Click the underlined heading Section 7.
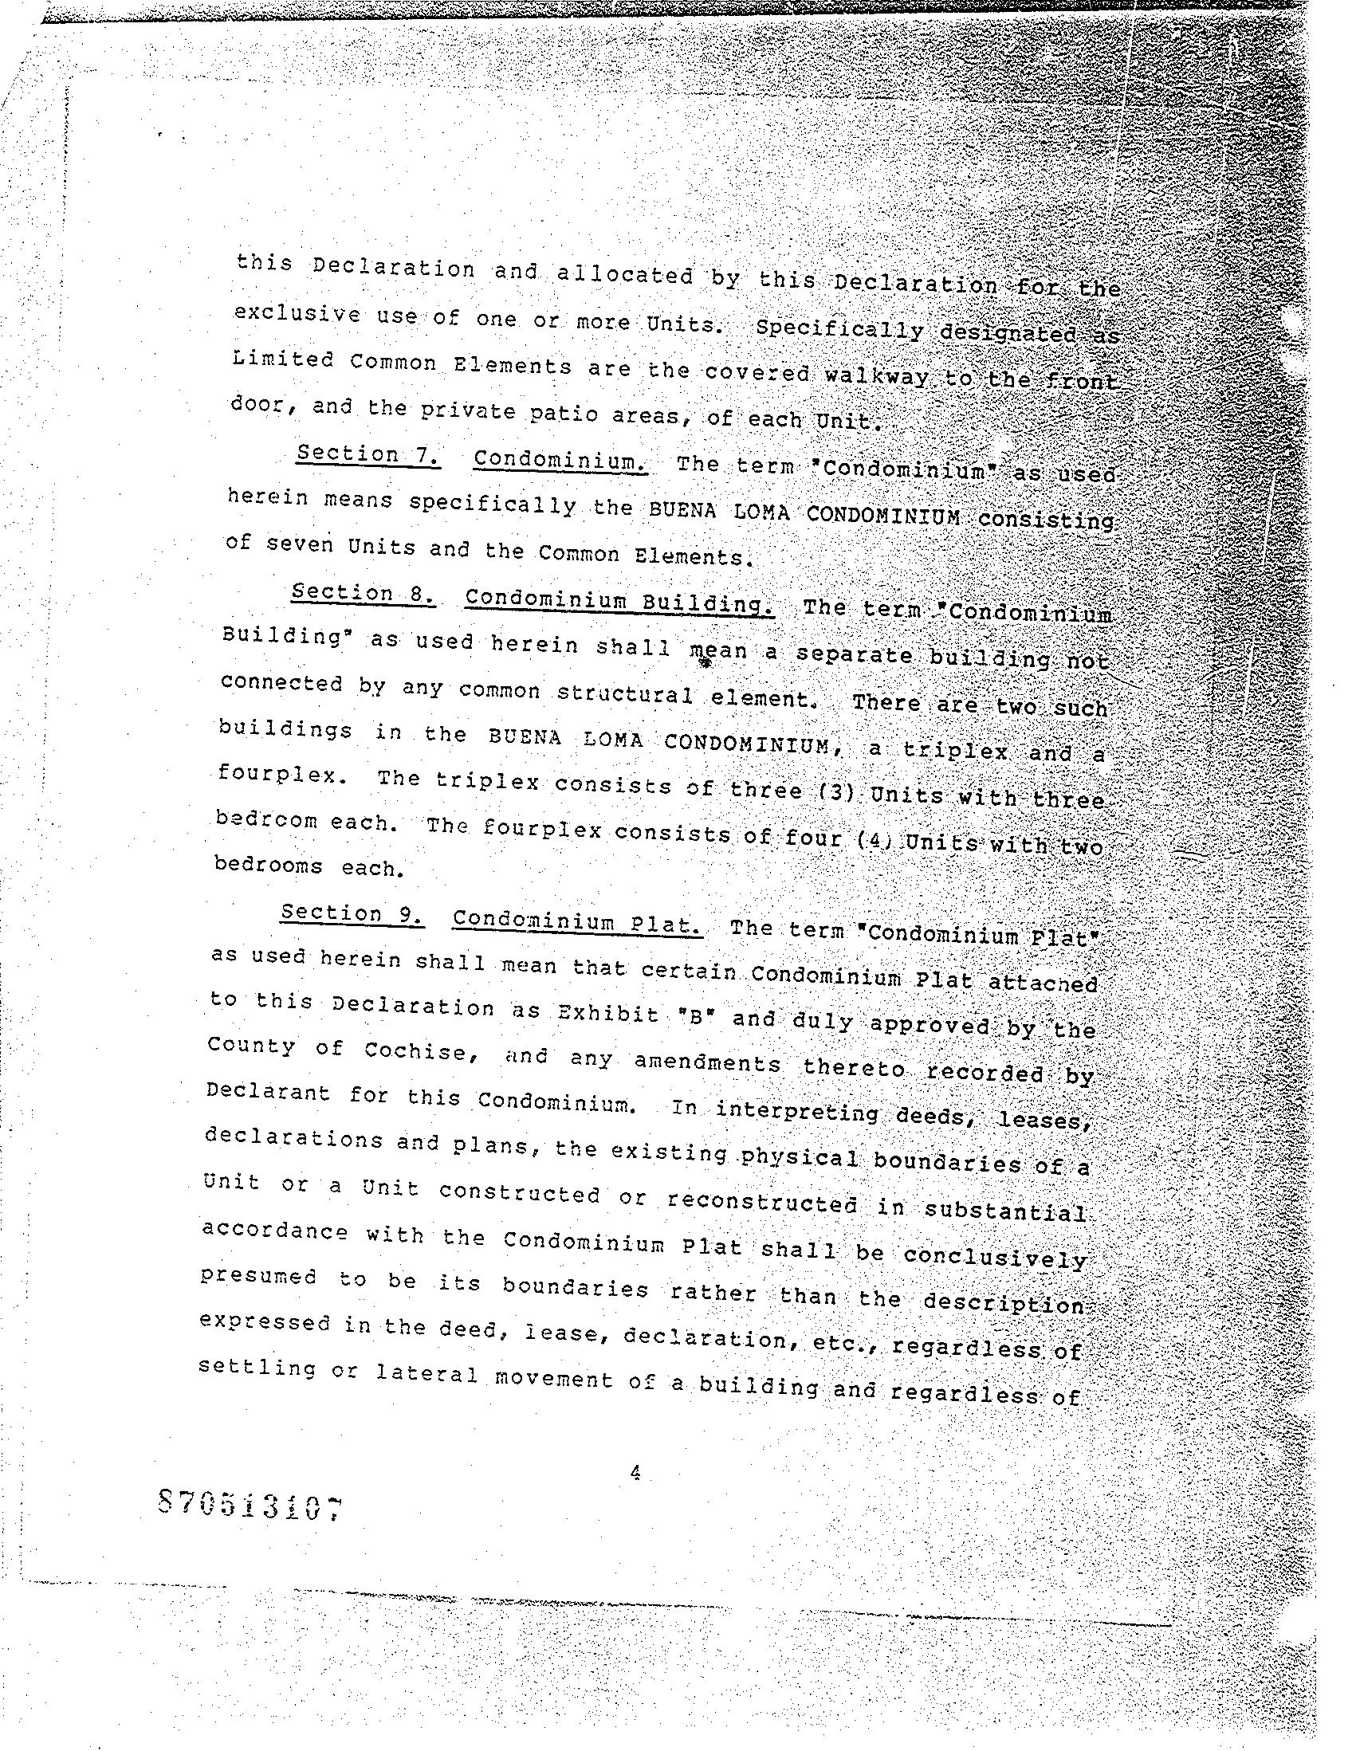coord(367,454)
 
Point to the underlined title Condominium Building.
coord(619,600)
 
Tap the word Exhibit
coord(607,1015)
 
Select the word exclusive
coord(297,313)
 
